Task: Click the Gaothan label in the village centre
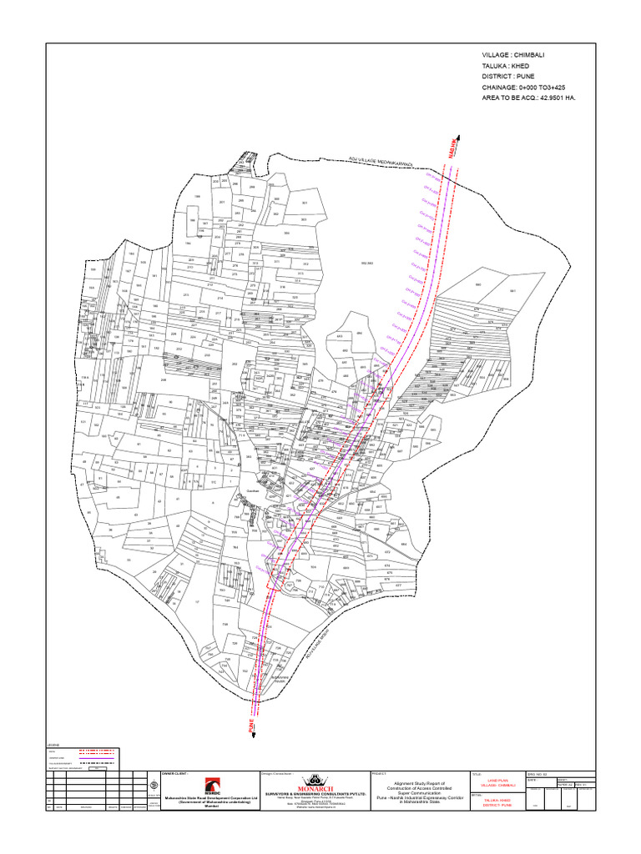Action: click(x=253, y=491)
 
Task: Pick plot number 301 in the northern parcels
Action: click(x=304, y=203)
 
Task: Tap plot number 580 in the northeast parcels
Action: click(x=478, y=285)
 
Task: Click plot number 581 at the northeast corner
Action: click(x=512, y=290)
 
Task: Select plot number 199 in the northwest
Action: click(x=198, y=198)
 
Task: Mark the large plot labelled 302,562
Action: click(x=366, y=263)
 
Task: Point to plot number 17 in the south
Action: click(x=197, y=600)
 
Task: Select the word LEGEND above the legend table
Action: click(x=54, y=744)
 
